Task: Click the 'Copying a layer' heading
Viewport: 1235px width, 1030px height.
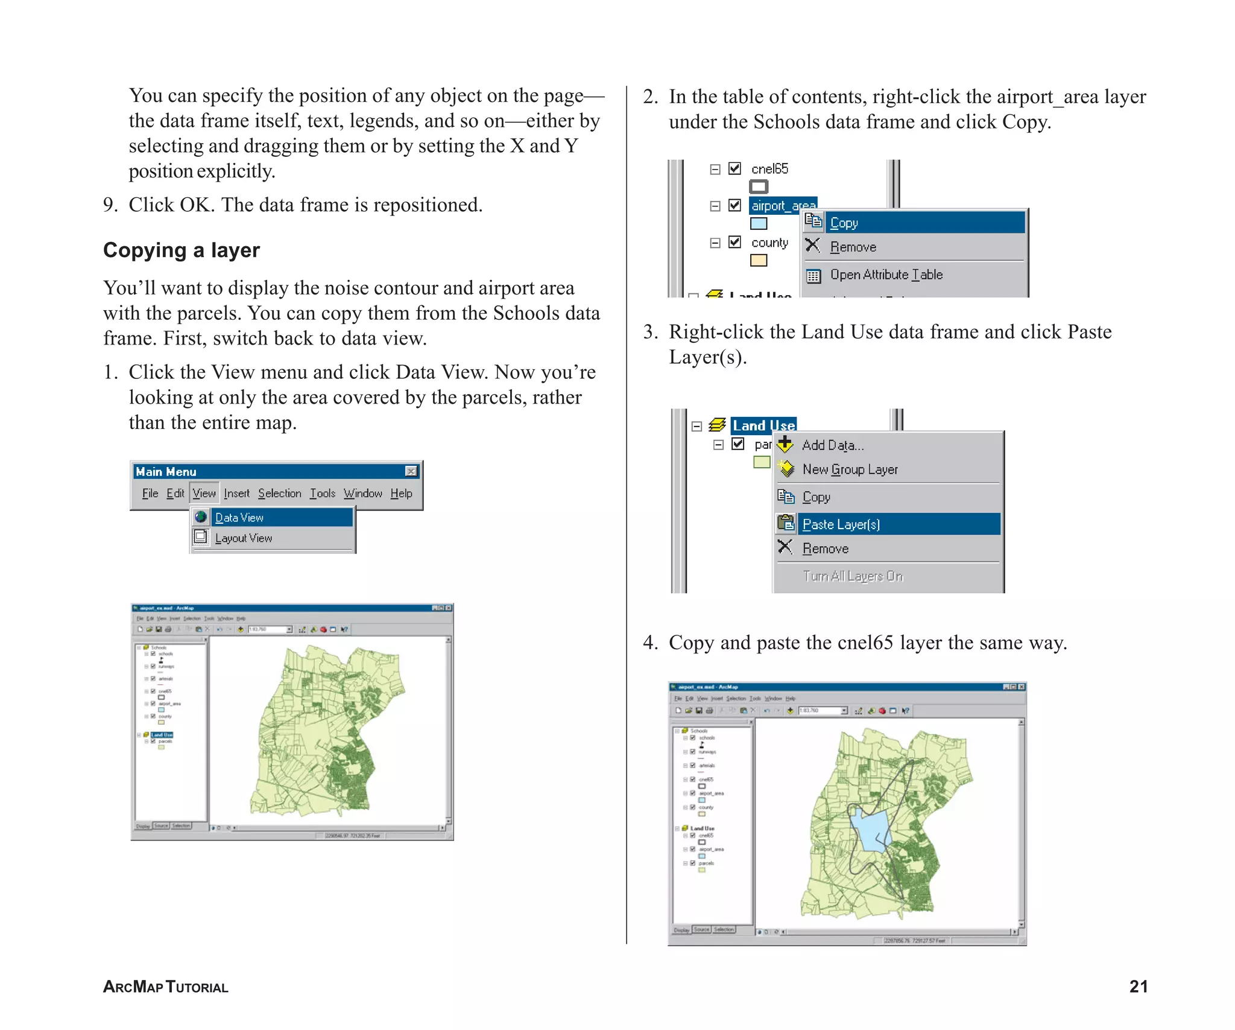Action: click(x=181, y=250)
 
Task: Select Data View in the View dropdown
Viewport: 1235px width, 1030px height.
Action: click(x=239, y=518)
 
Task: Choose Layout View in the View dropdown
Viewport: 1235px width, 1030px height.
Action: click(x=244, y=538)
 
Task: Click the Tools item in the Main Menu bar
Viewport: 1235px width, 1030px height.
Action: click(x=323, y=494)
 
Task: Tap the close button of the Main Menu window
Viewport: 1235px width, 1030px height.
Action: click(x=411, y=471)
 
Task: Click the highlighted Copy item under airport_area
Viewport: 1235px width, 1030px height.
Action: click(x=844, y=223)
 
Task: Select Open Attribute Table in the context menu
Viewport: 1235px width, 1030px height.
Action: click(x=886, y=275)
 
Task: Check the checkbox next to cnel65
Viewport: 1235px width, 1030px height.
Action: click(x=734, y=168)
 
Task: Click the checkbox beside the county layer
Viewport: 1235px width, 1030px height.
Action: click(x=734, y=242)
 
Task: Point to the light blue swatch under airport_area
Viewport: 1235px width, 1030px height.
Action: click(x=759, y=224)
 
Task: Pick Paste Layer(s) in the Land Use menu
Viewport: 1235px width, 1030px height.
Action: click(x=841, y=524)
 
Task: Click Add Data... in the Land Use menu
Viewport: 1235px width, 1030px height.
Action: click(x=833, y=445)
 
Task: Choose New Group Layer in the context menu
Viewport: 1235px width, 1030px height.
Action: click(x=850, y=469)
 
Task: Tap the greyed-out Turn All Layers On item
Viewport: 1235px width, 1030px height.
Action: click(x=852, y=576)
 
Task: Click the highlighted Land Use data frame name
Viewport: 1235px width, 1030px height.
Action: click(x=763, y=425)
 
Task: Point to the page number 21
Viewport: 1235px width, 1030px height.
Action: click(x=1138, y=986)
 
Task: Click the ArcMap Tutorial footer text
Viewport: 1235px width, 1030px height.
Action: click(x=166, y=987)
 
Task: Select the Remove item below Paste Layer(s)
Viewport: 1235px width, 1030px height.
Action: click(x=825, y=548)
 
